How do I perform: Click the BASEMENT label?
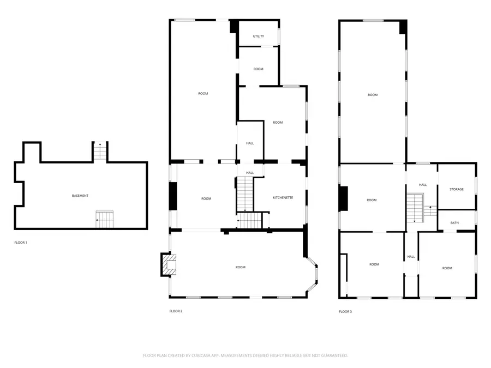[x=80, y=196]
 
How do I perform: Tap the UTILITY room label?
[x=258, y=37]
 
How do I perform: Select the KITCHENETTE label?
[x=283, y=198]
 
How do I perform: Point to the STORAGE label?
[x=457, y=189]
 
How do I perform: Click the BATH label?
[x=455, y=223]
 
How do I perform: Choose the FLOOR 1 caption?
[x=21, y=242]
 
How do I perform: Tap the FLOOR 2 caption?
[x=176, y=311]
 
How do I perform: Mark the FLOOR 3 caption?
[x=345, y=312]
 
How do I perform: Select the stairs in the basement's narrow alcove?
[x=99, y=152]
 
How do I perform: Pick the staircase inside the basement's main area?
[x=104, y=219]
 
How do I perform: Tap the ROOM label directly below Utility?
[x=258, y=69]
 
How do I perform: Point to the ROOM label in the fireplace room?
[x=240, y=267]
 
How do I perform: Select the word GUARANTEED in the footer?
[x=333, y=355]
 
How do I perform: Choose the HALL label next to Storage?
[x=423, y=185]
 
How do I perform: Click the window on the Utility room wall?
[x=279, y=36]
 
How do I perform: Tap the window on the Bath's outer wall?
[x=476, y=218]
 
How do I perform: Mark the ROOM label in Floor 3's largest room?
[x=373, y=95]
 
